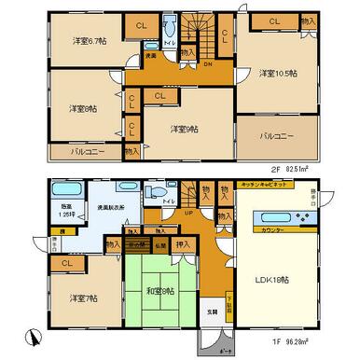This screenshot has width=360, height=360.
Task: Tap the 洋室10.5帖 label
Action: click(279, 73)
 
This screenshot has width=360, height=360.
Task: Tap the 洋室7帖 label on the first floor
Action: click(83, 298)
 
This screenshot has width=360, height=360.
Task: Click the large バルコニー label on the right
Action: click(278, 135)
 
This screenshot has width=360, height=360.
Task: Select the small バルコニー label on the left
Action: click(86, 149)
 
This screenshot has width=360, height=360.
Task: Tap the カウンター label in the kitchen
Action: click(273, 228)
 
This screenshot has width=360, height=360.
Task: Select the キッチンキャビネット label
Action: click(266, 187)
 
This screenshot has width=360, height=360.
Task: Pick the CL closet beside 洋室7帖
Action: click(67, 263)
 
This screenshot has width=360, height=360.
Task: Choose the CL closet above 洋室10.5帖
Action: click(275, 21)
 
